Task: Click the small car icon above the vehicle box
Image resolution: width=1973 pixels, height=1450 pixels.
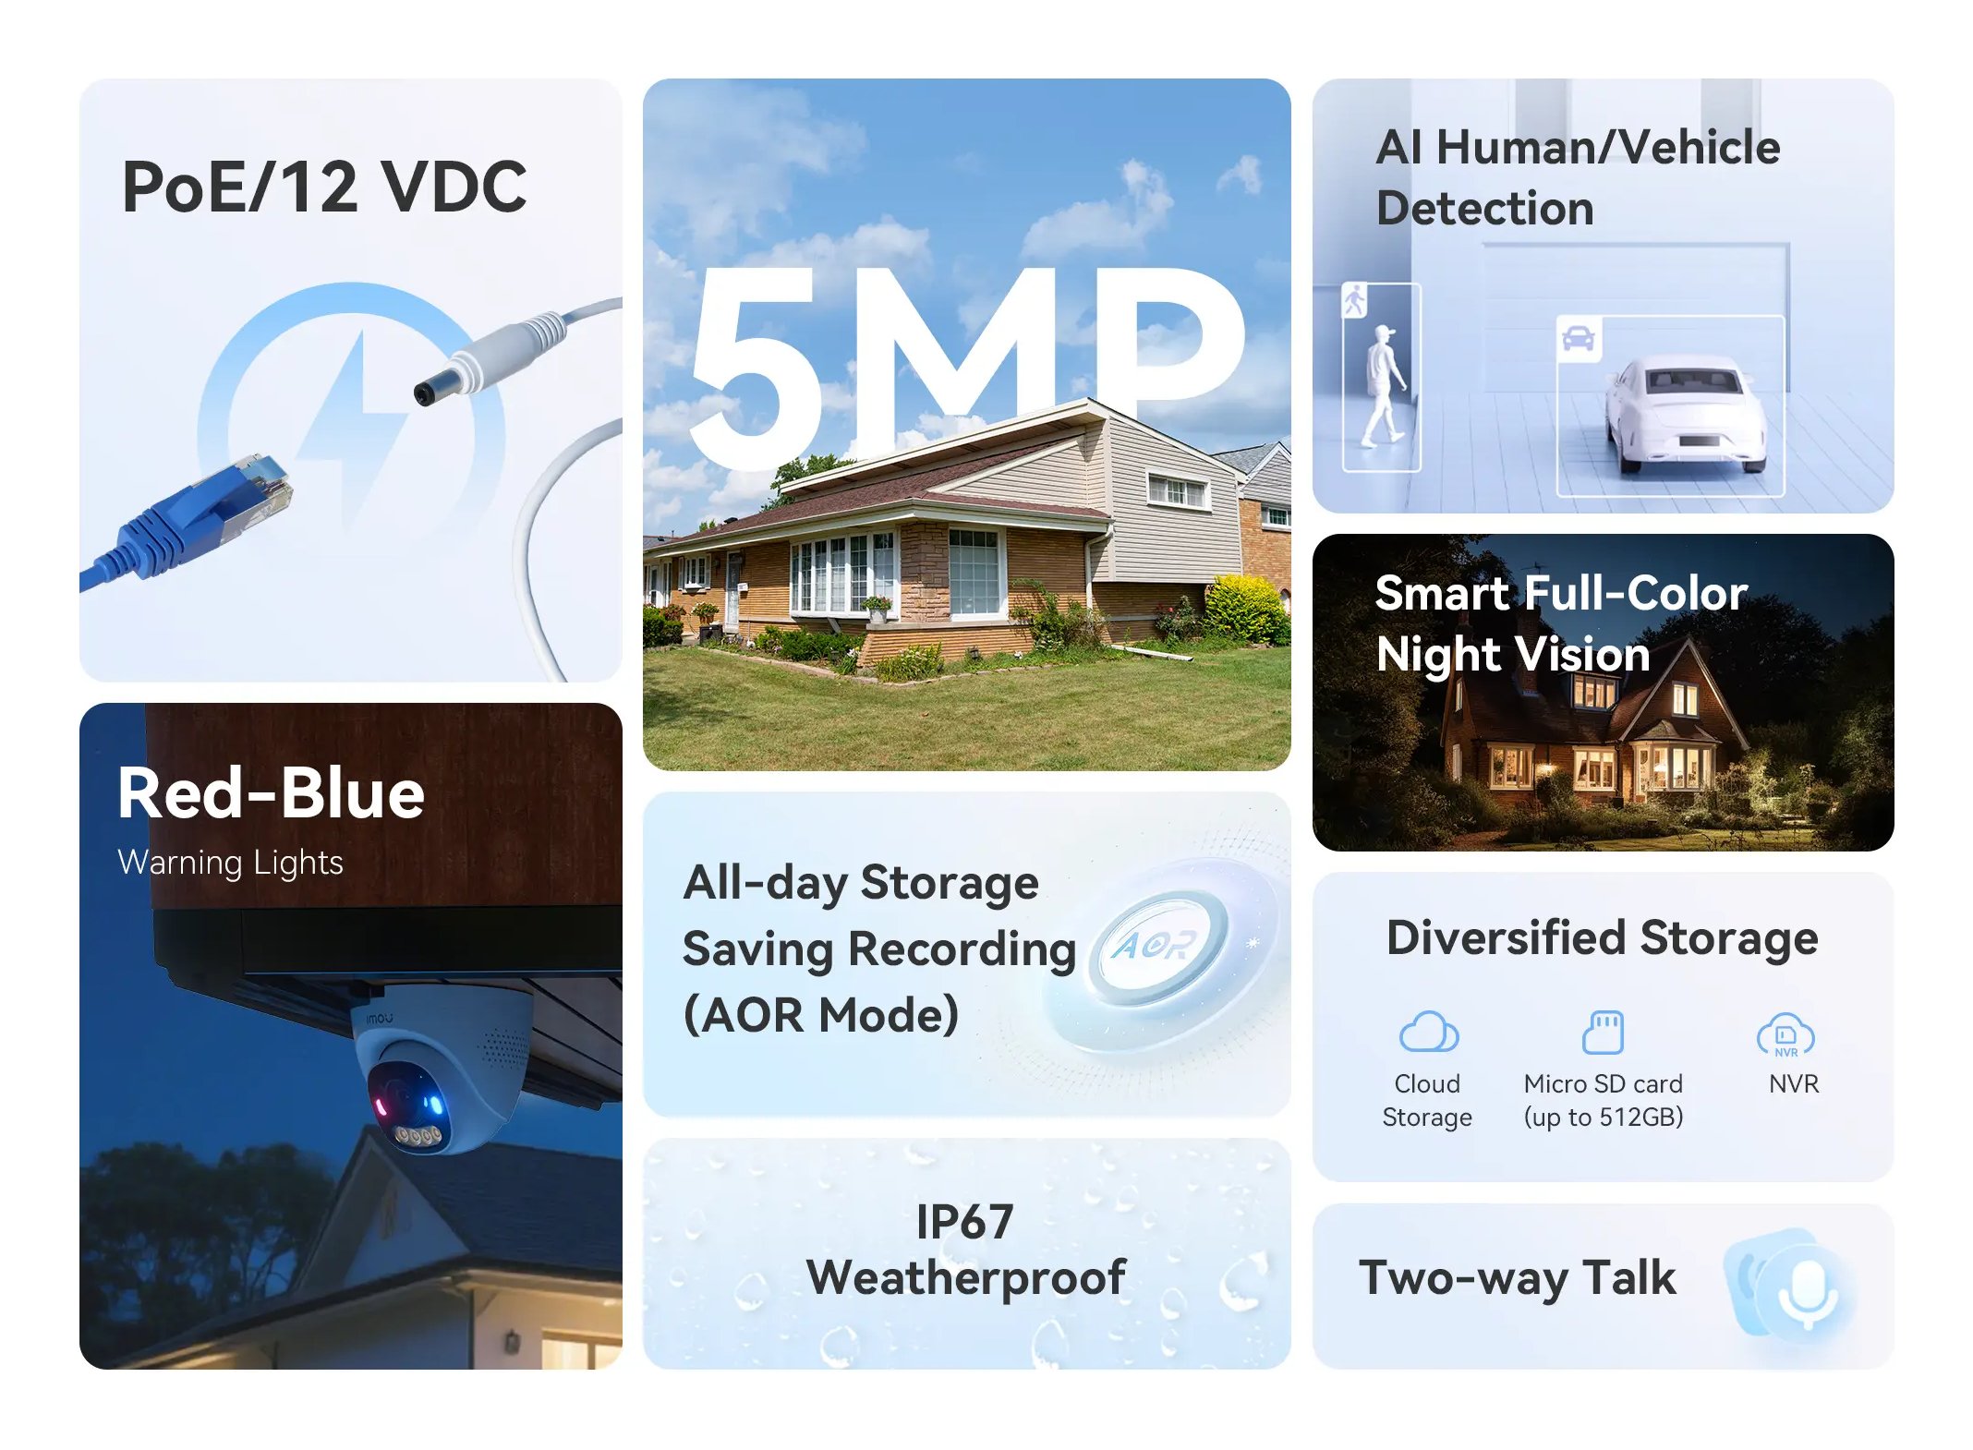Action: pyautogui.click(x=1579, y=339)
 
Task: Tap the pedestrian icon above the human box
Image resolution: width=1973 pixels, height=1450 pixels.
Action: pyautogui.click(x=1354, y=300)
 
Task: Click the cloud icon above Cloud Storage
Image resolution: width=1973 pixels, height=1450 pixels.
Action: pyautogui.click(x=1428, y=1032)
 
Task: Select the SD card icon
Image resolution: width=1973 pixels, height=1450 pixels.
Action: pyautogui.click(x=1603, y=1032)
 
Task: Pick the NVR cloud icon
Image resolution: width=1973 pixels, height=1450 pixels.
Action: pyautogui.click(x=1785, y=1034)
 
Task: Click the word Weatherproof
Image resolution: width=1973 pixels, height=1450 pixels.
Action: pyautogui.click(x=966, y=1278)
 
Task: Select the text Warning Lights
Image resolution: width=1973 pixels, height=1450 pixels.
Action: pyautogui.click(x=230, y=863)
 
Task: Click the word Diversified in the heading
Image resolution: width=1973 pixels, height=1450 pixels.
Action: pyautogui.click(x=1506, y=937)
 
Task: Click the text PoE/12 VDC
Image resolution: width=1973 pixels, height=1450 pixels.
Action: pyautogui.click(x=324, y=187)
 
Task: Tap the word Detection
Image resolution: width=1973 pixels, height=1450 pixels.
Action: pyautogui.click(x=1485, y=208)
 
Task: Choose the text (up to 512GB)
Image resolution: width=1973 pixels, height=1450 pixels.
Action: pyautogui.click(x=1604, y=1118)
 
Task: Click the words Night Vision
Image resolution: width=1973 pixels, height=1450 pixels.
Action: pyautogui.click(x=1513, y=655)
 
